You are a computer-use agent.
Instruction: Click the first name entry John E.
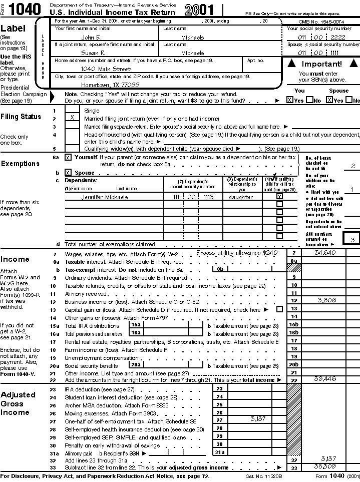(91, 38)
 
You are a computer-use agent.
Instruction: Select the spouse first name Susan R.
(93, 53)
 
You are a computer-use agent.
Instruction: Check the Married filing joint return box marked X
(72, 118)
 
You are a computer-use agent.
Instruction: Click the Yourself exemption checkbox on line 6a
(68, 157)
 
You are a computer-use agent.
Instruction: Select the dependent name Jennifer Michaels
(104, 197)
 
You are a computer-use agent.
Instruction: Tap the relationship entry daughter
(241, 197)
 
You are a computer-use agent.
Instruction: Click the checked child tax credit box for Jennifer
(279, 197)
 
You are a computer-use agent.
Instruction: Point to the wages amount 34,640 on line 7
(325, 253)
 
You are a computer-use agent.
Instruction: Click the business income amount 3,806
(326, 300)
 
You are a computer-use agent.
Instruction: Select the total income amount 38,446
(325, 379)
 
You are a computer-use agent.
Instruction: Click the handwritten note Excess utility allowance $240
(236, 253)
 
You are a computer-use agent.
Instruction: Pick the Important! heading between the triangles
(321, 64)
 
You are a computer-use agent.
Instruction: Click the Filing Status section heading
(21, 117)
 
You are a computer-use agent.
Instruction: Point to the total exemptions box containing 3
(352, 240)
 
